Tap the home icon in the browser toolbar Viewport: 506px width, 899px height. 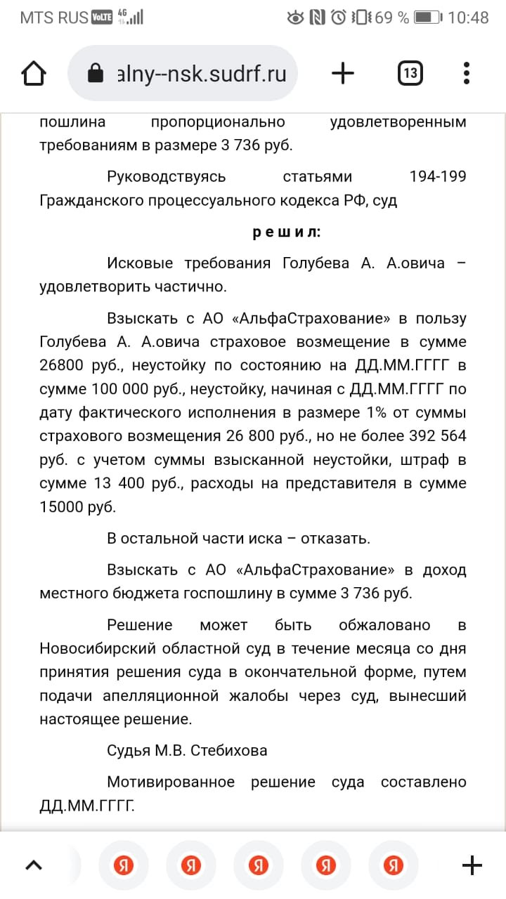click(34, 73)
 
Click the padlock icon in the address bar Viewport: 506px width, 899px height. click(95, 74)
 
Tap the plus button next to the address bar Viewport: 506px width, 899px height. click(342, 73)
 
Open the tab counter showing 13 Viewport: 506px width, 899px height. click(410, 73)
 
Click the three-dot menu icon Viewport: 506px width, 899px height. click(467, 73)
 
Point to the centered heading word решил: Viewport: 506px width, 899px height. click(286, 232)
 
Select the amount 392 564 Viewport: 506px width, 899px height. click(437, 435)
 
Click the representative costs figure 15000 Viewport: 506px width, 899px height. click(68, 507)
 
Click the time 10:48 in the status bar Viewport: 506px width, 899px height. click(468, 18)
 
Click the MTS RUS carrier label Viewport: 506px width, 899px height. click(53, 18)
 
